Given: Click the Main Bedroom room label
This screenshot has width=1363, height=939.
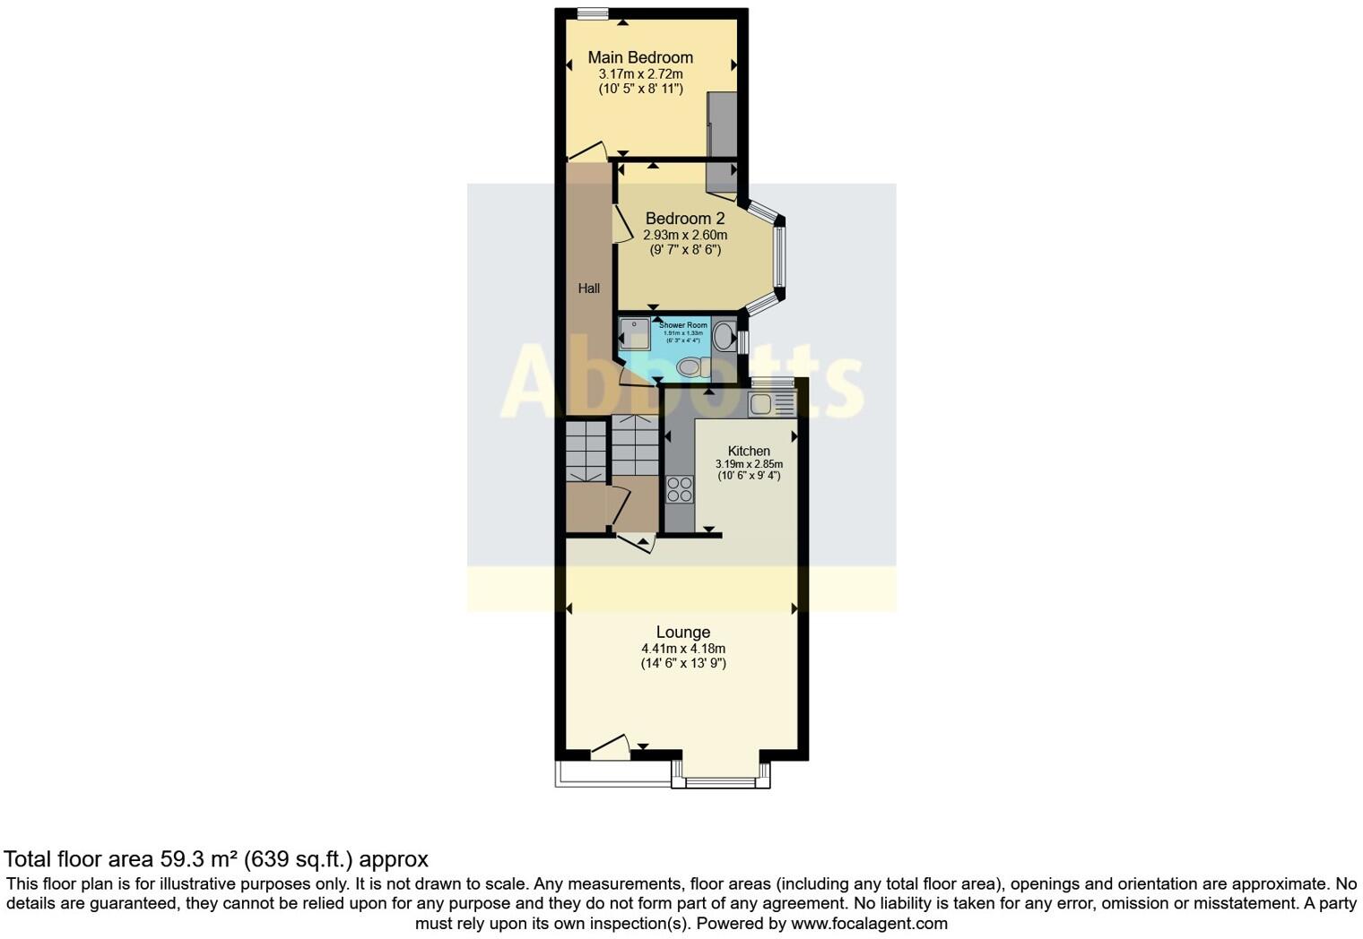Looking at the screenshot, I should coord(640,57).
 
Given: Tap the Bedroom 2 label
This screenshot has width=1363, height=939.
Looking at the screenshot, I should coord(684,219).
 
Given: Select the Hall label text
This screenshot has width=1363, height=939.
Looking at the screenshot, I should coord(588,289).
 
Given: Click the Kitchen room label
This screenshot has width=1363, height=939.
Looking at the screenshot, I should coord(748,452).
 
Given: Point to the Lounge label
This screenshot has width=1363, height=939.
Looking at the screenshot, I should coord(682,633).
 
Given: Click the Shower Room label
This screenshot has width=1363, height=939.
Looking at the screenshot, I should coord(683,325).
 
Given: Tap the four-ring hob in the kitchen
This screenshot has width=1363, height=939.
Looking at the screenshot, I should coord(680,489).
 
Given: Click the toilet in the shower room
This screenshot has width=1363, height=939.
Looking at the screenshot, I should coord(691,366).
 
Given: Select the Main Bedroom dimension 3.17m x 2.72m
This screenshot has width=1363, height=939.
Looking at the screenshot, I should coord(640,74).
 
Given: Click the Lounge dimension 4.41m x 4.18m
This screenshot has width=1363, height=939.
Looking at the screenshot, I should coord(682,649).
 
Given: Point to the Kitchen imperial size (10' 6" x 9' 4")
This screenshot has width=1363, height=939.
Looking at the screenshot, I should coord(748,476).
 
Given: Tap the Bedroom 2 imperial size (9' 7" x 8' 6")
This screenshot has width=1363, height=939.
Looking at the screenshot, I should coord(684,250).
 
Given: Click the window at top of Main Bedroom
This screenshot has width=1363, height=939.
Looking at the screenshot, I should coord(592,13).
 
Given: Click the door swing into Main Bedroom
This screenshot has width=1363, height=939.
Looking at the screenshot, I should coord(588,151).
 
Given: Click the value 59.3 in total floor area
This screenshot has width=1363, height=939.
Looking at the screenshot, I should coord(180,859).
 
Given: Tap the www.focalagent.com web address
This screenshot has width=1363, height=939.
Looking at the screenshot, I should coord(869,923).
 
